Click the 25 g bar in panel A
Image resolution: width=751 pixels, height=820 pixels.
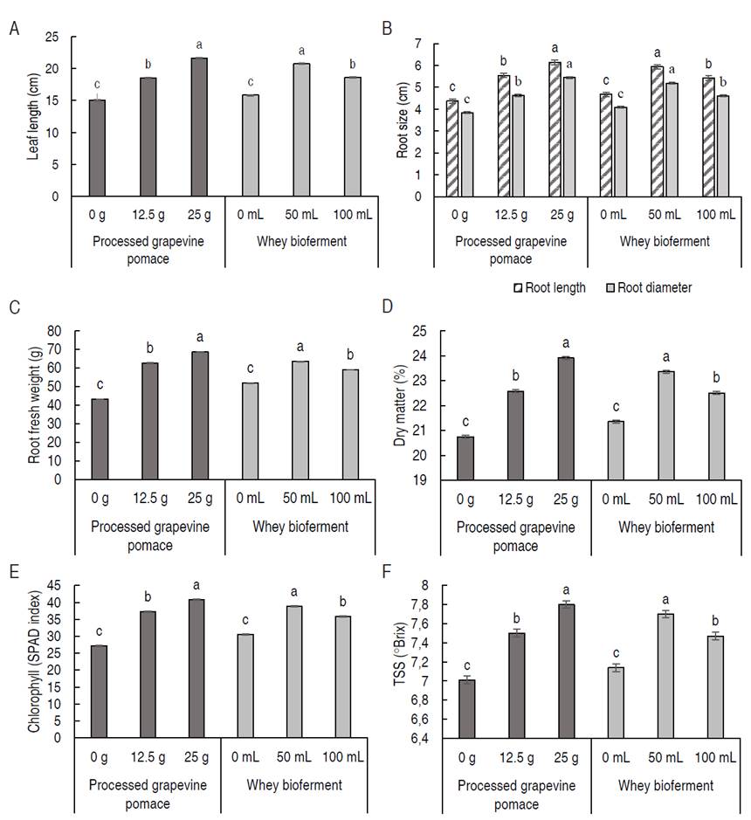(x=200, y=127)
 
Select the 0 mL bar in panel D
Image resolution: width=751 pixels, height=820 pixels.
(x=617, y=450)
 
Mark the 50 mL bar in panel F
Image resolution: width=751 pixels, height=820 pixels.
(x=667, y=676)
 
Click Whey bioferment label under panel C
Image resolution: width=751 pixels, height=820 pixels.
(x=300, y=527)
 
